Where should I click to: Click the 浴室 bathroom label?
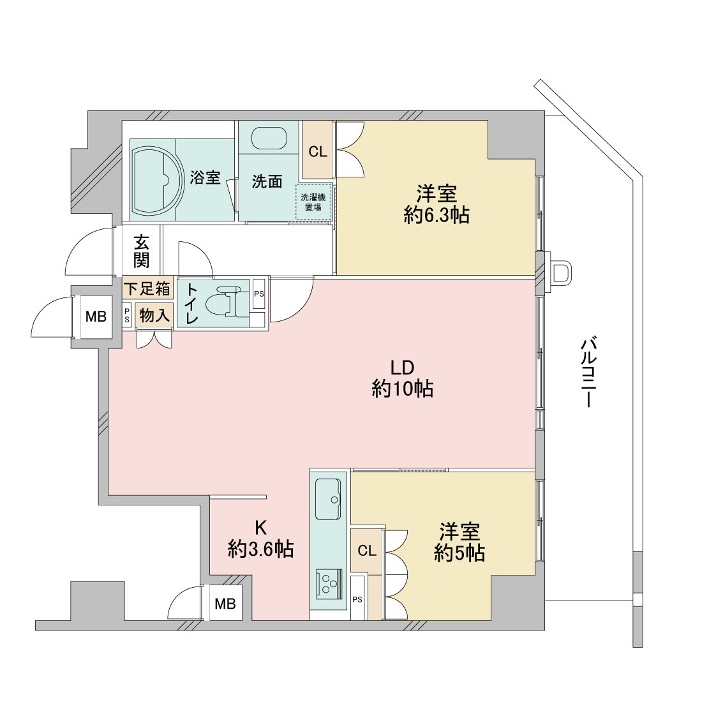pos(205,177)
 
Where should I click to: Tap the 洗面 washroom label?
pos(267,182)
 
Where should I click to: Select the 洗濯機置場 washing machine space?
pos(314,202)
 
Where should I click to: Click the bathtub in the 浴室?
pos(158,179)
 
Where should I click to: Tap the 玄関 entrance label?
pos(141,252)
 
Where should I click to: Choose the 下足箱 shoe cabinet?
pos(147,288)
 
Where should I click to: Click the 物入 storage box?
pos(154,315)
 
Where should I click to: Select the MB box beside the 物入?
pos(96,317)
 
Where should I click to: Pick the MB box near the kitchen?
pos(225,603)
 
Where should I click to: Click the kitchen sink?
pos(328,499)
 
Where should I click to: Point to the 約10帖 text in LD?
pos(403,389)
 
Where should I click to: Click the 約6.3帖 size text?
pos(437,215)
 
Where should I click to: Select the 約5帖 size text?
pos(460,553)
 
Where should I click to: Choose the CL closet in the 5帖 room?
pos(367,551)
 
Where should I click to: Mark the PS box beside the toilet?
pos(258,294)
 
